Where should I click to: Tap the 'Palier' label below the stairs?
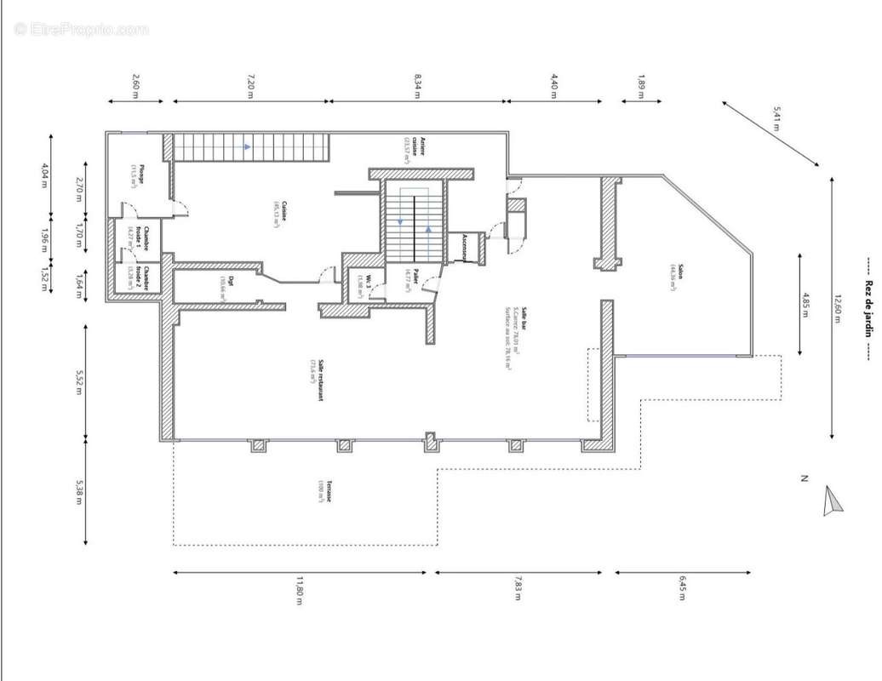point(412,278)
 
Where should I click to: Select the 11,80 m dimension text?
point(300,590)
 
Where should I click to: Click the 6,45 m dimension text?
point(682,588)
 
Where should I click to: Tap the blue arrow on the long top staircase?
point(247,146)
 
